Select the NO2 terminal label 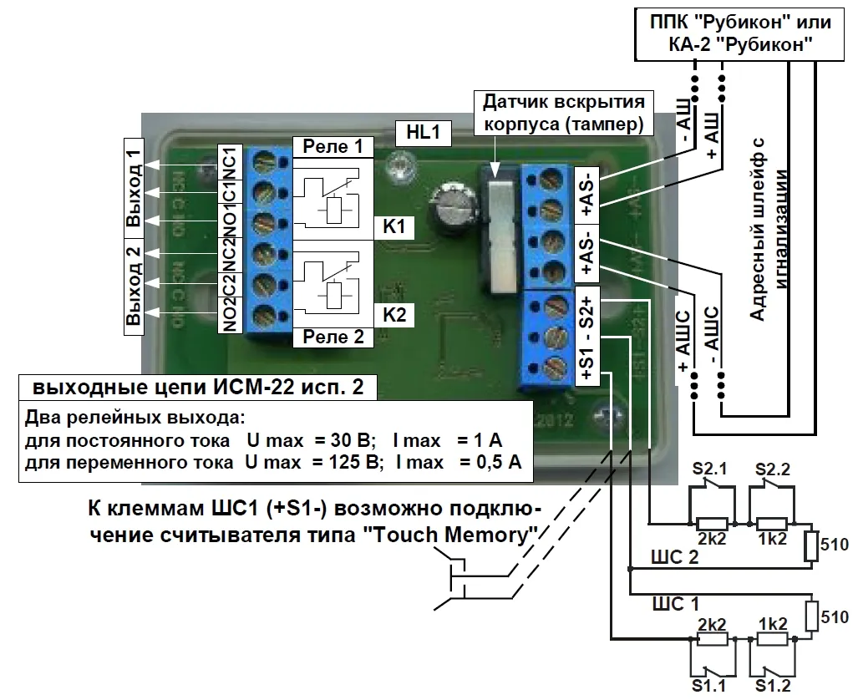pos(231,314)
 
